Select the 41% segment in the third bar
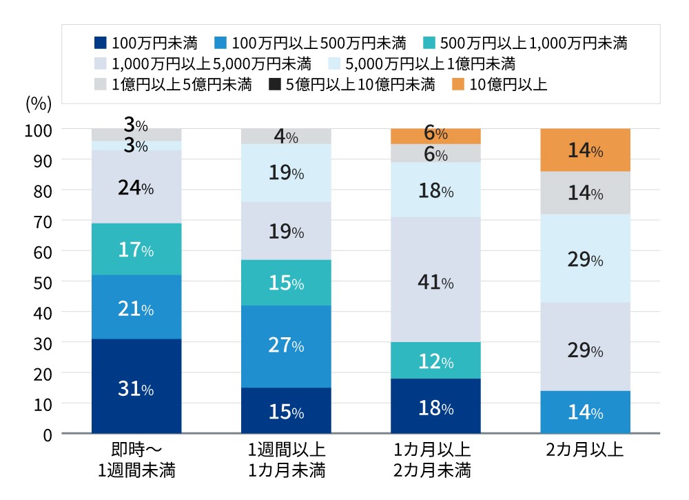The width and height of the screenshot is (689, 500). pyautogui.click(x=435, y=282)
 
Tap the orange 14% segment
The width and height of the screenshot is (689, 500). pyautogui.click(x=585, y=150)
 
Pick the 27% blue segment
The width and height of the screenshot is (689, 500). pyautogui.click(x=286, y=345)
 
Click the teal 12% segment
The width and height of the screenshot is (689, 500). pyautogui.click(x=435, y=360)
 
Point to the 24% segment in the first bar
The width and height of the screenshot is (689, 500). pyautogui.click(x=136, y=187)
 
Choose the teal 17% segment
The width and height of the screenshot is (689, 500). pyautogui.click(x=136, y=249)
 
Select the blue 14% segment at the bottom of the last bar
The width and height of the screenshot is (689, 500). pyautogui.click(x=585, y=412)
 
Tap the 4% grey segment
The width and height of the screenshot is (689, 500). pyautogui.click(x=286, y=137)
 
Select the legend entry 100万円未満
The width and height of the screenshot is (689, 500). pyautogui.click(x=146, y=44)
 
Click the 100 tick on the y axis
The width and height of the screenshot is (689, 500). pyautogui.click(x=39, y=130)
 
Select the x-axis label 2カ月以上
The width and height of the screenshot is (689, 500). pyautogui.click(x=584, y=451)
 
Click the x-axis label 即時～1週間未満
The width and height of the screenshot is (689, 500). pyautogui.click(x=136, y=461)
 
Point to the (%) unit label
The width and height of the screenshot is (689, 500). pyautogui.click(x=39, y=104)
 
